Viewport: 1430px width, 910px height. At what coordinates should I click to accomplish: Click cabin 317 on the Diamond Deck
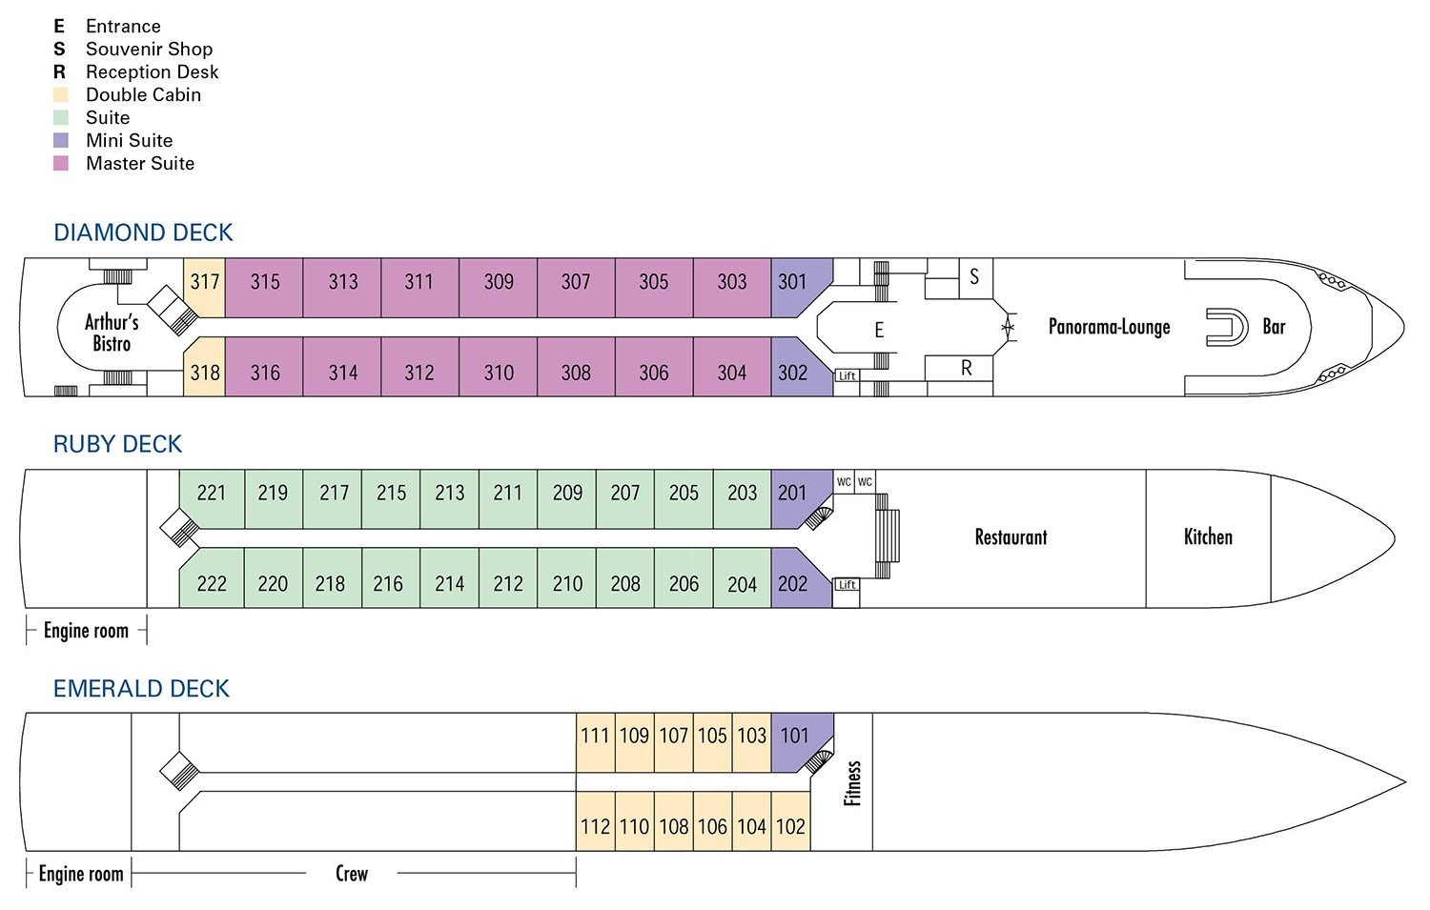(204, 288)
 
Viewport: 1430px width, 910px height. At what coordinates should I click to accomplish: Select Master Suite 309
(498, 288)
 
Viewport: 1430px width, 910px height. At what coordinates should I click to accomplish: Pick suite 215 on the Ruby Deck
(391, 499)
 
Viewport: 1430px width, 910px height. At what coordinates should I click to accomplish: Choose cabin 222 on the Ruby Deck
(212, 578)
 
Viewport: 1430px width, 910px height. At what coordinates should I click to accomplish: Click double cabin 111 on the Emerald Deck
(596, 742)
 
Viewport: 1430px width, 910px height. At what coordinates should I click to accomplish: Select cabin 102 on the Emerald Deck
(791, 821)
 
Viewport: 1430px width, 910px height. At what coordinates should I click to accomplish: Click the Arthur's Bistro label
(112, 333)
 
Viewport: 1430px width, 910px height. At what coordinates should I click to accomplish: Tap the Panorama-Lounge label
(1109, 327)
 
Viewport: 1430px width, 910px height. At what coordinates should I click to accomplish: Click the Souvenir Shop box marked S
(976, 278)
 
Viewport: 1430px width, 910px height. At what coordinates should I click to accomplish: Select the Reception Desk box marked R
(959, 368)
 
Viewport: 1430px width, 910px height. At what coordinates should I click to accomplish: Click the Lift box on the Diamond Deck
(848, 375)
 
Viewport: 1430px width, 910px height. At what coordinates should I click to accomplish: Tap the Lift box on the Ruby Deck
(848, 584)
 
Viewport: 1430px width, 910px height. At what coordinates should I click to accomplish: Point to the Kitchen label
(1208, 536)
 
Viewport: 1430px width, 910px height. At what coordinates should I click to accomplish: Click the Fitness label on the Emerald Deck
(852, 783)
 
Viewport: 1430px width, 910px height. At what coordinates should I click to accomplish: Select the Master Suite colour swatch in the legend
(61, 163)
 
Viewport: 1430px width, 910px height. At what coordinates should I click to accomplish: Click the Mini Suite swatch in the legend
(61, 140)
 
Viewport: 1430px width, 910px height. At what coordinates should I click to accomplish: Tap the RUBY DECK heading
(117, 444)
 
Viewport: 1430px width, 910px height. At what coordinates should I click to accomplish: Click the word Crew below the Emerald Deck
(352, 874)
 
